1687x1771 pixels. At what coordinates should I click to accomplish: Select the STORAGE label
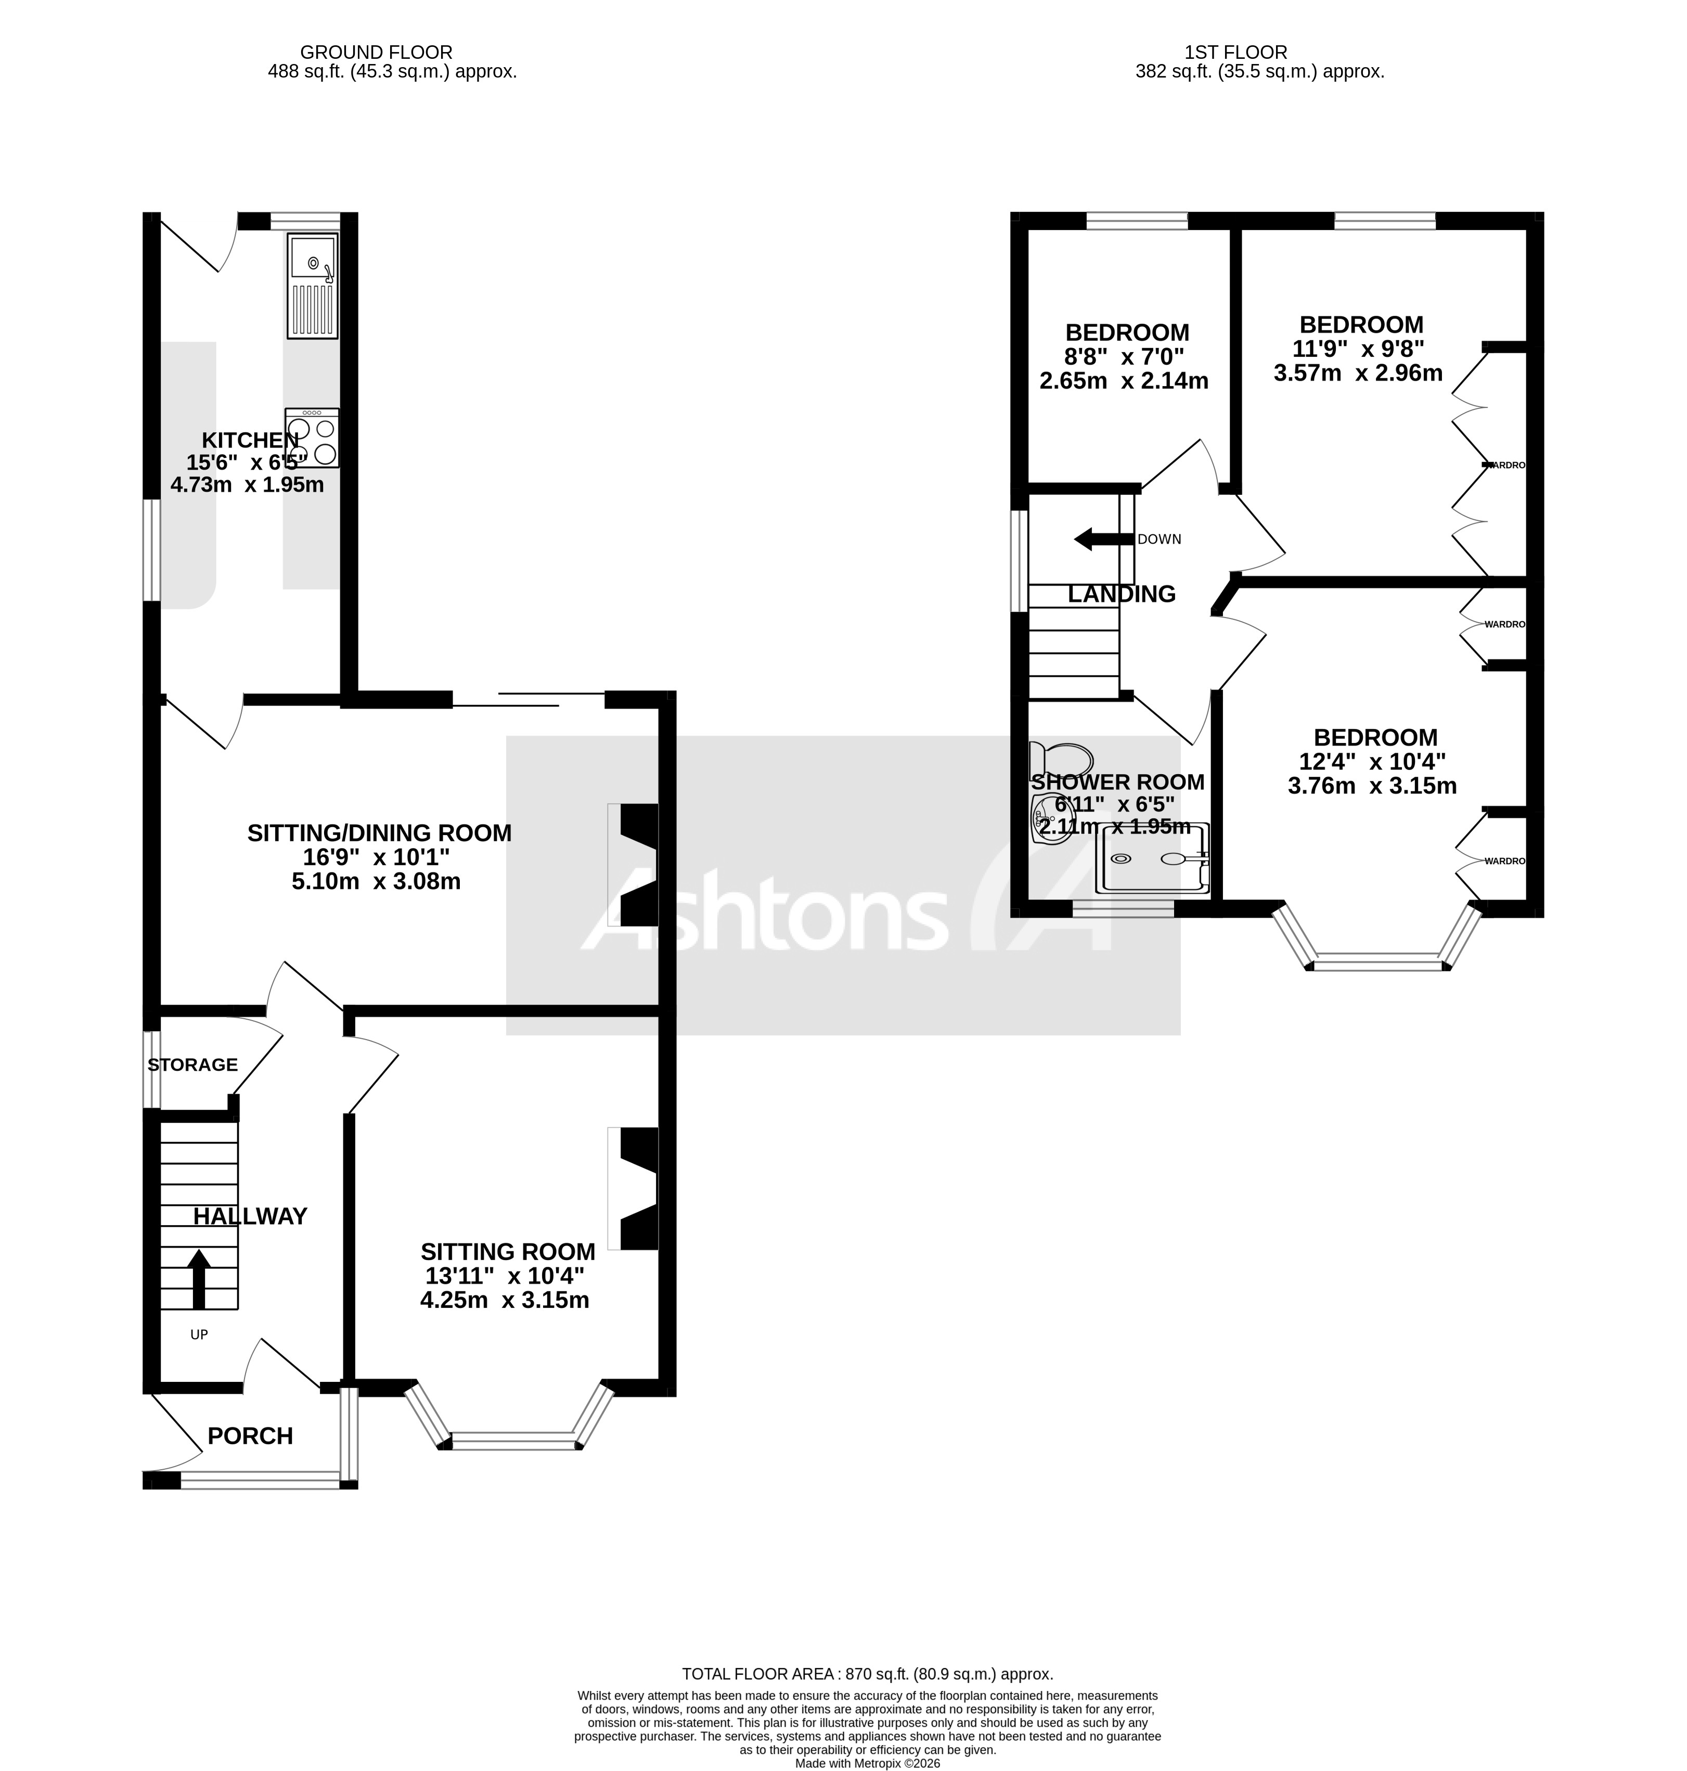point(192,1065)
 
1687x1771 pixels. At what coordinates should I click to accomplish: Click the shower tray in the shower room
point(1152,859)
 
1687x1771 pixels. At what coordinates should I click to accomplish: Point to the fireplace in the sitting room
point(634,1188)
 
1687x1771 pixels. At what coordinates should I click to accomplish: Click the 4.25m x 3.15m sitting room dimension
point(505,1300)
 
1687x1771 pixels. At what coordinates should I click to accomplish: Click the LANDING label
point(1122,595)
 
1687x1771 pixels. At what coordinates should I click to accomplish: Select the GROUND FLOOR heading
point(376,52)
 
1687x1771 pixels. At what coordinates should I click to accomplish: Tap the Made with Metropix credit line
point(867,1764)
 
